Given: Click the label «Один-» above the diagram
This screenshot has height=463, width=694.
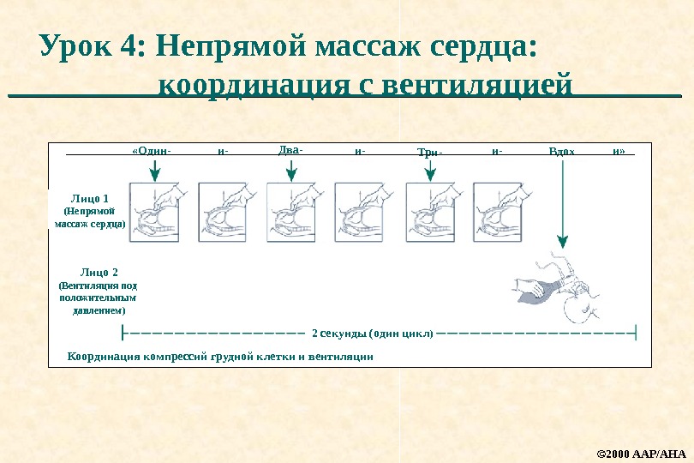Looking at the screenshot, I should coord(152,152).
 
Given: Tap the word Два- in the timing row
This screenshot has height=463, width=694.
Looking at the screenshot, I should coord(291,150).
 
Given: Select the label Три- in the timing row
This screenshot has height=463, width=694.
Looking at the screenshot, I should coord(429,153).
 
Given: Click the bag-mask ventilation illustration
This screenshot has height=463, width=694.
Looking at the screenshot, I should coord(558,287).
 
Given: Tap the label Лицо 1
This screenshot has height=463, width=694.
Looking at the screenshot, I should coord(89,199).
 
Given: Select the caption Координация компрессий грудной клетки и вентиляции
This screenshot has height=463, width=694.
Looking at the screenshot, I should coord(219,355).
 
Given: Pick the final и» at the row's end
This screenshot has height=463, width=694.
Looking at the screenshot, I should coord(619,152).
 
